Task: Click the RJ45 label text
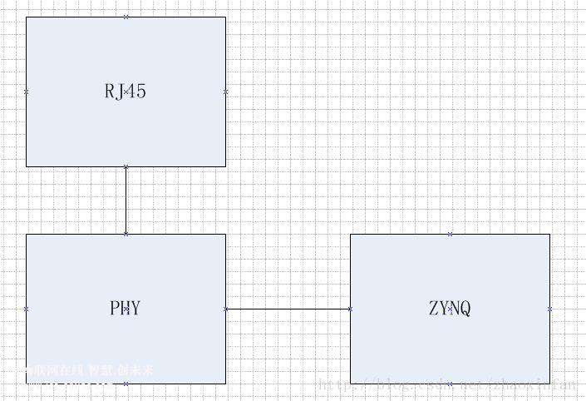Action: (126, 92)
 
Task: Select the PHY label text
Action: (126, 309)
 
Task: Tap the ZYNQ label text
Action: (450, 309)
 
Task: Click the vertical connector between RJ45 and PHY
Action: (126, 200)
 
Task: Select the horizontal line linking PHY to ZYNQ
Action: (288, 309)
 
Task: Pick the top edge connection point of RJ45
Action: (126, 17)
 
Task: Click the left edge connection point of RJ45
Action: (26, 92)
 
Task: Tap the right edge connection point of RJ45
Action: (225, 92)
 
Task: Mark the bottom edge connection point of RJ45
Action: (126, 166)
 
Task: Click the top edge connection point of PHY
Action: (126, 234)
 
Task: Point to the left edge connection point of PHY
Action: (26, 309)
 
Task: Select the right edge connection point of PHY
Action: (225, 309)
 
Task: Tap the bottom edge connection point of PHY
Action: (126, 384)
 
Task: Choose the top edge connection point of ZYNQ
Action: (450, 234)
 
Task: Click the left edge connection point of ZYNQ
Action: (350, 309)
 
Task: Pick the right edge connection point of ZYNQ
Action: (549, 309)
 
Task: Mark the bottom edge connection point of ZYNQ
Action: (450, 384)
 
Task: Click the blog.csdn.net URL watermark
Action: (447, 384)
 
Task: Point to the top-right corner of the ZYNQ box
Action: (549, 234)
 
